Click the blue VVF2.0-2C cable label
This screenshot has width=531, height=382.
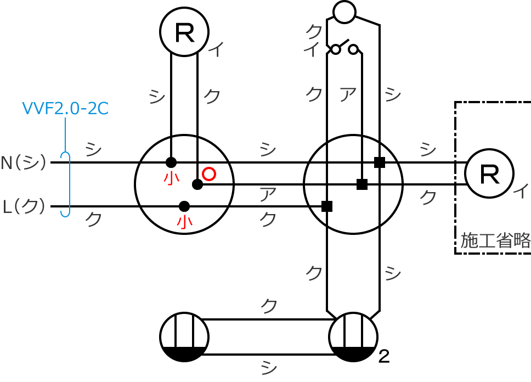(x=65, y=109)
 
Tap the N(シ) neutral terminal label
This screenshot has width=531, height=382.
(x=24, y=162)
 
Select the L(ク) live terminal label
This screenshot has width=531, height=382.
(x=24, y=206)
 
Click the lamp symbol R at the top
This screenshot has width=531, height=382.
(x=184, y=32)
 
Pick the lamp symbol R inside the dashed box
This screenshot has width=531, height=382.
(x=489, y=173)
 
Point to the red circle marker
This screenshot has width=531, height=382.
(x=209, y=174)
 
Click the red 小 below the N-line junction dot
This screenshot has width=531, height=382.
(x=171, y=178)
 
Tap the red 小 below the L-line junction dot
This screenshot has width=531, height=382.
(x=184, y=222)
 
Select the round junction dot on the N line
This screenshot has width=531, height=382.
(x=171, y=162)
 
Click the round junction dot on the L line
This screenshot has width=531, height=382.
(x=184, y=206)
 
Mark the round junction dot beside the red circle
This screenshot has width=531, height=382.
(x=197, y=184)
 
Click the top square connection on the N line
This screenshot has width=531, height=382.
(x=380, y=162)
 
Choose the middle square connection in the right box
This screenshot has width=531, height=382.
(x=362, y=184)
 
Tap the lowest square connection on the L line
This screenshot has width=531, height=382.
(x=327, y=206)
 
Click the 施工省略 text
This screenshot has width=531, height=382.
(x=495, y=240)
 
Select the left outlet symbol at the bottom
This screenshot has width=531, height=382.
(x=184, y=337)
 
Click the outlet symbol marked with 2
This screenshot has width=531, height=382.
(x=353, y=337)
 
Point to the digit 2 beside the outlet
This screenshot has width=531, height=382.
(x=384, y=357)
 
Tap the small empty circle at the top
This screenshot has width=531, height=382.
(x=344, y=12)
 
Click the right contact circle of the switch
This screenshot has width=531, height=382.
(x=353, y=49)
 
